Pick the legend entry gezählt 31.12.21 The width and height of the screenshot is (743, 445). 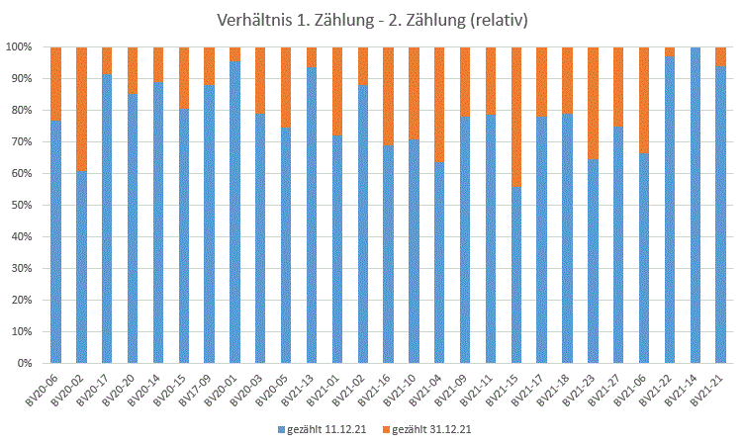pos(428,430)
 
